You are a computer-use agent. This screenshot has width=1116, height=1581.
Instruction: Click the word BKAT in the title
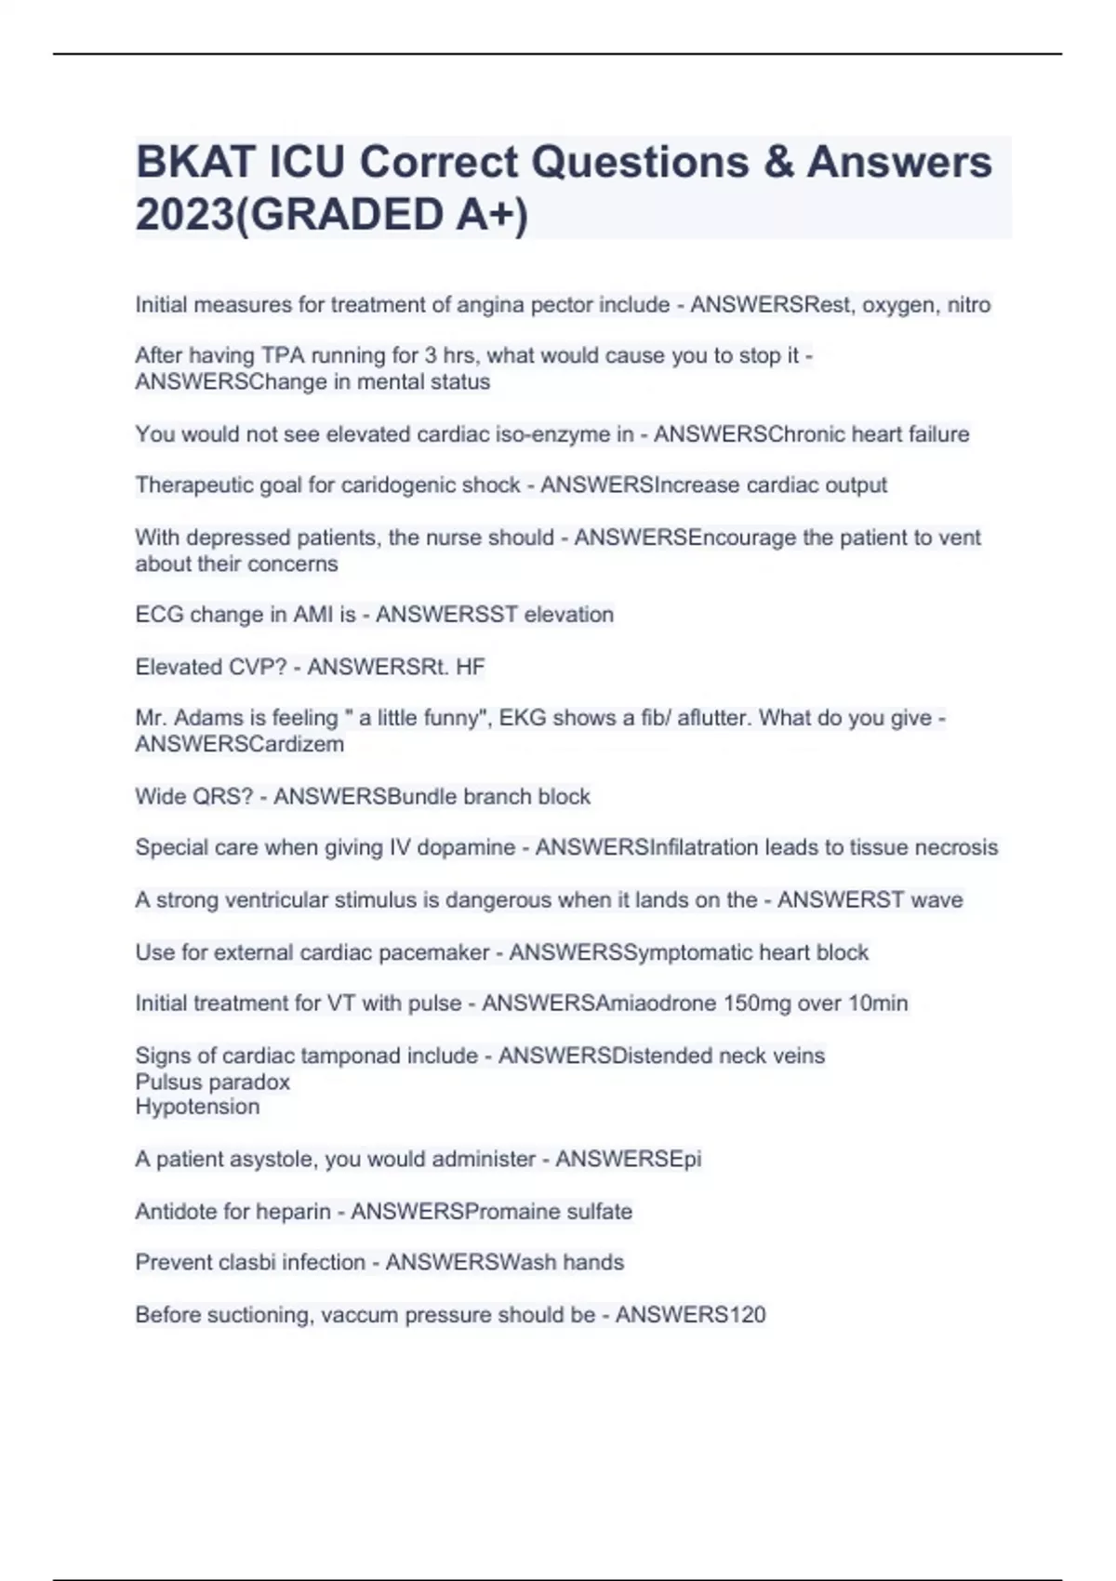coord(195,163)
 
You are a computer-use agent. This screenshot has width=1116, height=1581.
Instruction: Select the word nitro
coord(968,305)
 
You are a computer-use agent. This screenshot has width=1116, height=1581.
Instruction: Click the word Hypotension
coord(197,1107)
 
